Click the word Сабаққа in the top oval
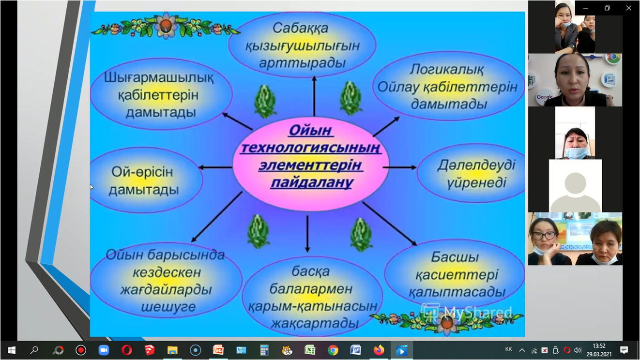pos(300,29)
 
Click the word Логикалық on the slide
pos(447,69)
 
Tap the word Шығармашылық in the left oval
pos(159,78)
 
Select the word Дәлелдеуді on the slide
pos(476,165)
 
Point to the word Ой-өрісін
pos(142,172)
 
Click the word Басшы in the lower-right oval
pos(455,257)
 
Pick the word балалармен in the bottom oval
pos(311,289)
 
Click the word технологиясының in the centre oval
pos(311,148)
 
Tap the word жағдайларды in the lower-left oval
pos(166,290)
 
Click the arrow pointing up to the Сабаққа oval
pos(314,96)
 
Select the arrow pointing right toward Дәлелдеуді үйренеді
pos(400,167)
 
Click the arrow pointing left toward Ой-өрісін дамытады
pos(215,167)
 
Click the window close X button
pos(628,8)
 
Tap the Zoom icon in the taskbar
pos(104,350)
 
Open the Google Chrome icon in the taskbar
pos(333,350)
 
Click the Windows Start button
pos(12,350)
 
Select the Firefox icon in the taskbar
pos(379,350)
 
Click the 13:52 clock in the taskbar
pos(599,346)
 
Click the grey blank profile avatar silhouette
pos(576,191)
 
